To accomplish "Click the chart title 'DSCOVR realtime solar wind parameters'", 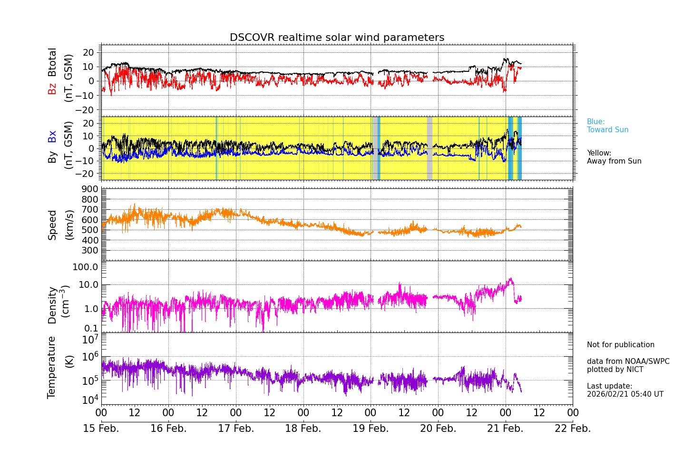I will click(x=337, y=38).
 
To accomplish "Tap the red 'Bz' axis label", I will click(x=52, y=88).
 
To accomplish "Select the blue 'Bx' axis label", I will click(x=52, y=137).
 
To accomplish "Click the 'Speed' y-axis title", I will click(x=52, y=224).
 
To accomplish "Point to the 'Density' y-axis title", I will click(x=52, y=305).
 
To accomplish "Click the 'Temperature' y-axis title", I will click(x=52, y=367).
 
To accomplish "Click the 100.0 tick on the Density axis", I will click(x=85, y=267).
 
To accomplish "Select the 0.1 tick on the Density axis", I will click(x=92, y=328).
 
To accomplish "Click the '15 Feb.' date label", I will click(x=101, y=429).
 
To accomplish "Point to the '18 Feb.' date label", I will click(x=303, y=429).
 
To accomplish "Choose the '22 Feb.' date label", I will click(x=573, y=429).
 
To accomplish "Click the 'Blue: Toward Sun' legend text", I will click(x=607, y=126).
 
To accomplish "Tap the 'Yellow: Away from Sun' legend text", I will click(x=614, y=157).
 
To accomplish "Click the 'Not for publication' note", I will click(x=620, y=345).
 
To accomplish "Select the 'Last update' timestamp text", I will click(x=625, y=390).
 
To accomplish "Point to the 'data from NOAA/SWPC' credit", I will click(x=628, y=361).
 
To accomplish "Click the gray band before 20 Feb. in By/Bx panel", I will click(x=430, y=148).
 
